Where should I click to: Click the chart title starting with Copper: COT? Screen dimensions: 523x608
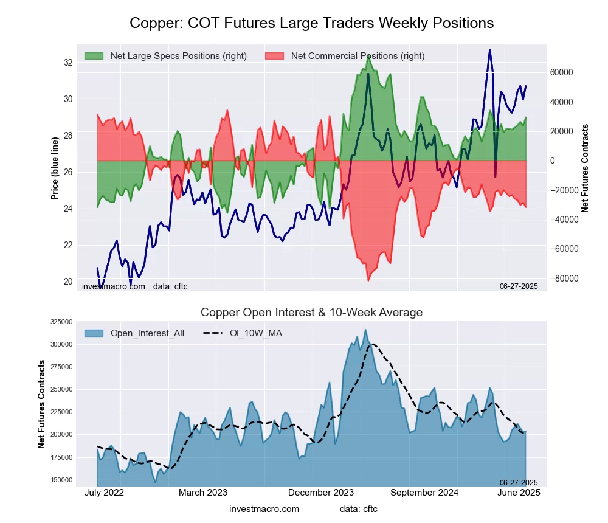pos(311,23)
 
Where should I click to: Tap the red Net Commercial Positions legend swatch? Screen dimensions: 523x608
pos(274,56)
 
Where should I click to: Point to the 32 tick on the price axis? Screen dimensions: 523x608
pos(68,63)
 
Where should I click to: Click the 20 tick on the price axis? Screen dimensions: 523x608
pos(68,282)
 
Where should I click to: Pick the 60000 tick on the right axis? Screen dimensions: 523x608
pos(561,72)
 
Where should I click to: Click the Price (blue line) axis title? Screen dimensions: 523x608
pos(55,168)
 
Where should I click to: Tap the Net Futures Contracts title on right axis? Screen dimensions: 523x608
pos(586,168)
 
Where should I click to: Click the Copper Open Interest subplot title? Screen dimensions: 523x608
pos(311,313)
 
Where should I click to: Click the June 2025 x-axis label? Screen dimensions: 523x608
pos(520,493)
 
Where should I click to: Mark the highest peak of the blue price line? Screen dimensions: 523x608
pos(489,49)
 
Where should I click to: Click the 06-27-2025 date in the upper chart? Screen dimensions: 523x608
pos(519,286)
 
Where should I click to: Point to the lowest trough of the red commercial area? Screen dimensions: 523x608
pos(368,280)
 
